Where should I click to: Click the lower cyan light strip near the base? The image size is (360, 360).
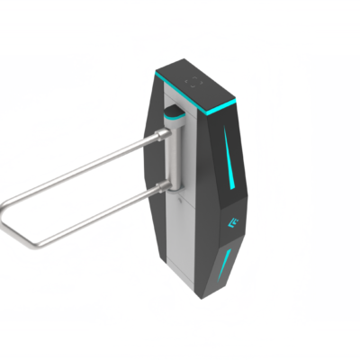pos(227,265)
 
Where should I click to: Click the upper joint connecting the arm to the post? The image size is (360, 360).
pos(163,136)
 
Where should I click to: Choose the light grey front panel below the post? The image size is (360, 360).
pos(180,243)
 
